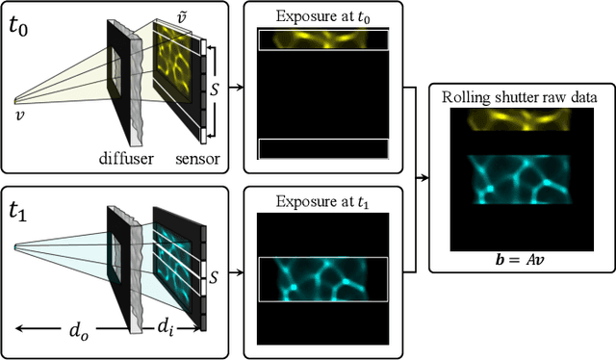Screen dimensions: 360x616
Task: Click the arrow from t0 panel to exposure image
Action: click(x=236, y=87)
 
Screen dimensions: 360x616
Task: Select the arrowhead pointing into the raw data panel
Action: click(x=430, y=178)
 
